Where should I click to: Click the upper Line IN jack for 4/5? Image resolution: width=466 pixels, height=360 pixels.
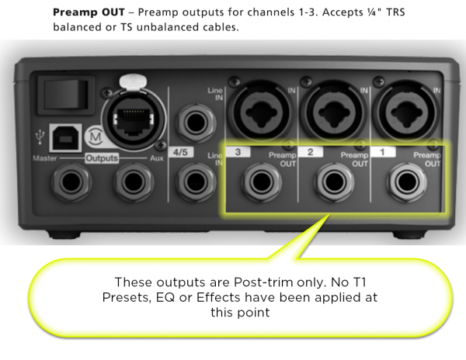pyautogui.click(x=192, y=123)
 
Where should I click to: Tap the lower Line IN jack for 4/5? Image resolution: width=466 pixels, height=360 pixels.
pyautogui.click(x=192, y=182)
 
